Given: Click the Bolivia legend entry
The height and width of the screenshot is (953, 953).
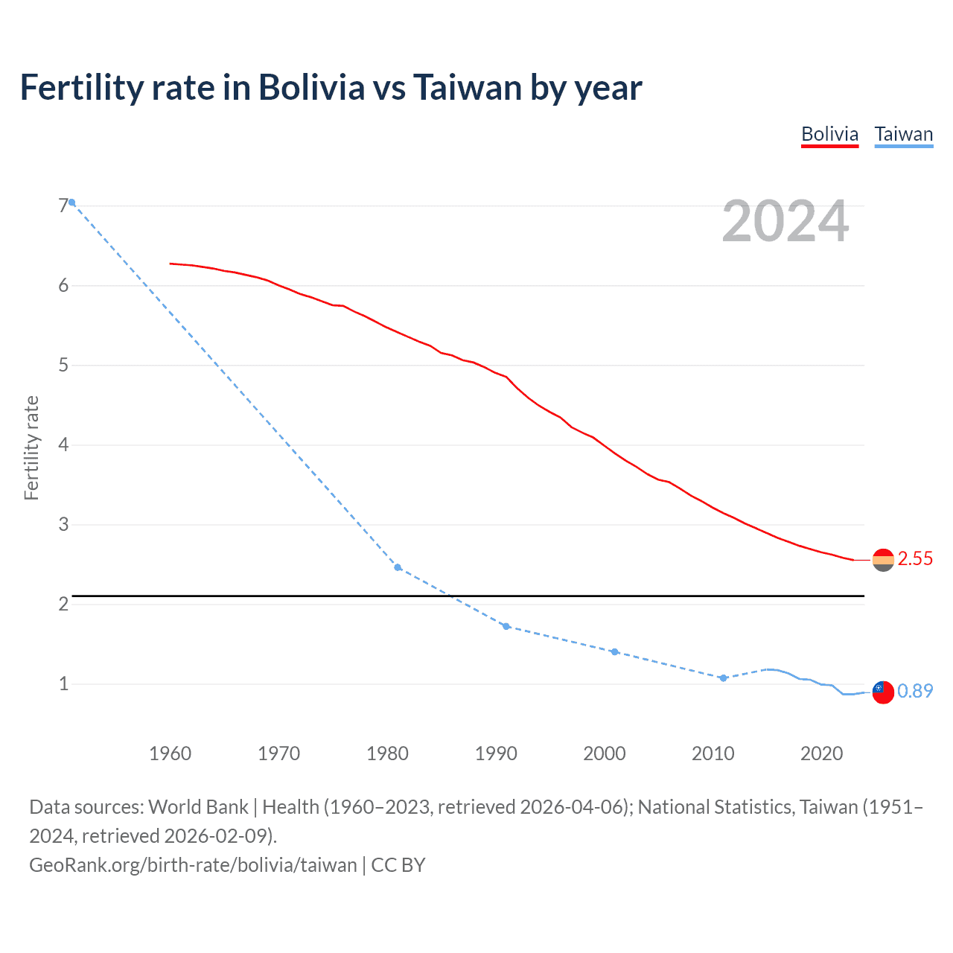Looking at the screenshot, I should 829,135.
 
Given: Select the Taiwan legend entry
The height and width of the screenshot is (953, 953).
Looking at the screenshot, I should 903,135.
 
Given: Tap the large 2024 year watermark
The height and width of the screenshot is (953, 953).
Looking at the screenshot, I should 785,221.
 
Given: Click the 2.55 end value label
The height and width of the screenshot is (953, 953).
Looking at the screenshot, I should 915,559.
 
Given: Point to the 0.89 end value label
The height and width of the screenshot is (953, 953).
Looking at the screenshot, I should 915,691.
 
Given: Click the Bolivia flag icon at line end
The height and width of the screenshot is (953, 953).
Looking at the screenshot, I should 883,560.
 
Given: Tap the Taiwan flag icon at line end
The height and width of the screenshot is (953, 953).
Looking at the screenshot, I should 883,692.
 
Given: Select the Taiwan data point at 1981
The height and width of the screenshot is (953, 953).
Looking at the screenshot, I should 398,567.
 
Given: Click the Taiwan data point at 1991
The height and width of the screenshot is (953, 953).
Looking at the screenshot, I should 506,626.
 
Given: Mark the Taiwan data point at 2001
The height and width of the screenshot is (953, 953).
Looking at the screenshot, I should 614,651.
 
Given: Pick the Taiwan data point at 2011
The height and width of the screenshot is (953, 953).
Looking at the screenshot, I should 723,678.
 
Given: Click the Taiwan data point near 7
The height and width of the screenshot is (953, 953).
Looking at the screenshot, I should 71,203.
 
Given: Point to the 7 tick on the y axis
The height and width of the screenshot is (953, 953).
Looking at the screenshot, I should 63,205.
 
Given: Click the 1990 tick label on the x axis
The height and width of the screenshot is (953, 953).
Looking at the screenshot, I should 496,753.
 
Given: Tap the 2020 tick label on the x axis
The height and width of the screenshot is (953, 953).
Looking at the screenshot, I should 821,753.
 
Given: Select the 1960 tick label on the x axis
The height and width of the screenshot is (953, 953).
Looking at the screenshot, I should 170,753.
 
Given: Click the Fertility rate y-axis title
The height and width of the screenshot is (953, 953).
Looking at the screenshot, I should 31,447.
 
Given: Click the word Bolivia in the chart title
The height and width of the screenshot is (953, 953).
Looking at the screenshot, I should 311,88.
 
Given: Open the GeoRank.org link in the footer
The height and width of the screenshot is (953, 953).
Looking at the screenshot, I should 193,865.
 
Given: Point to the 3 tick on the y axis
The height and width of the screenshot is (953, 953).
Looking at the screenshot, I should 63,524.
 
